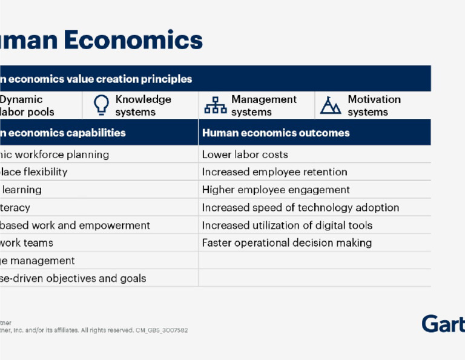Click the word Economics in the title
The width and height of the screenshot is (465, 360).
pos(133,40)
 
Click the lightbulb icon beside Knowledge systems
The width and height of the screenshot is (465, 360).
pos(101,105)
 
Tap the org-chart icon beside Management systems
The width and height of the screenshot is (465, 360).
pos(215,106)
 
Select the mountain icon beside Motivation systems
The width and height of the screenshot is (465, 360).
pos(331,105)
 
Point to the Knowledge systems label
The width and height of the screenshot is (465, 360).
pos(143,105)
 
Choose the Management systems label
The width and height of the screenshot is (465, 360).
pos(263,105)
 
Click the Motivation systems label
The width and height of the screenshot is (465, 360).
pos(374,105)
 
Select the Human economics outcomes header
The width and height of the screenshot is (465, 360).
pos(275,133)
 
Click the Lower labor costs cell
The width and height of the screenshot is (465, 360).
pos(245,155)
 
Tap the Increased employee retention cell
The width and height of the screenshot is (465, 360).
pos(274,172)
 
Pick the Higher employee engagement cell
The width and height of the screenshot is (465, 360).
pos(275,190)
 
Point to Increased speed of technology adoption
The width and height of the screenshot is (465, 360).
pos(300,207)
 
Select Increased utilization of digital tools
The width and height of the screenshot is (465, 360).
pos(287,225)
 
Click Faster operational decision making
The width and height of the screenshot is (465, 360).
pos(286,243)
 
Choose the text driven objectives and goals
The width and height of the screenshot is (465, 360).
pos(79,278)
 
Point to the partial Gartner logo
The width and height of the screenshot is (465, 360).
pos(443,324)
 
